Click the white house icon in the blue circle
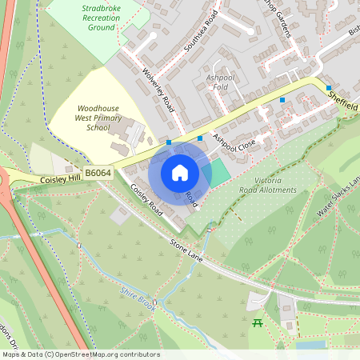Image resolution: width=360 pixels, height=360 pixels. pyautogui.click(x=179, y=173)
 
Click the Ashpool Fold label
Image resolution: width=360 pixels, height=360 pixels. pyautogui.click(x=221, y=82)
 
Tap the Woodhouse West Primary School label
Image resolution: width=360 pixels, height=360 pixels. pyautogui.click(x=93, y=117)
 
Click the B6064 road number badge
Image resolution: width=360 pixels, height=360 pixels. pyautogui.click(x=98, y=173)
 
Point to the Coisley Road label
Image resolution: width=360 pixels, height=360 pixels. pyautogui.click(x=146, y=201)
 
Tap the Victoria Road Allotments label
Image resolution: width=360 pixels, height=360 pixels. pyautogui.click(x=268, y=185)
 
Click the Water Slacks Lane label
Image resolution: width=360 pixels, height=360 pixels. pyautogui.click(x=341, y=197)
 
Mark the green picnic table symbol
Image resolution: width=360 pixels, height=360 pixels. pyautogui.click(x=258, y=322)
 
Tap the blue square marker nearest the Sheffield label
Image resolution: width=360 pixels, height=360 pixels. pyautogui.click(x=328, y=88)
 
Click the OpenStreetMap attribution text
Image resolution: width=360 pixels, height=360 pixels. pyautogui.click(x=80, y=354)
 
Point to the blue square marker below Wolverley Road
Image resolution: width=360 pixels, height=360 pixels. pyautogui.click(x=169, y=142)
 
